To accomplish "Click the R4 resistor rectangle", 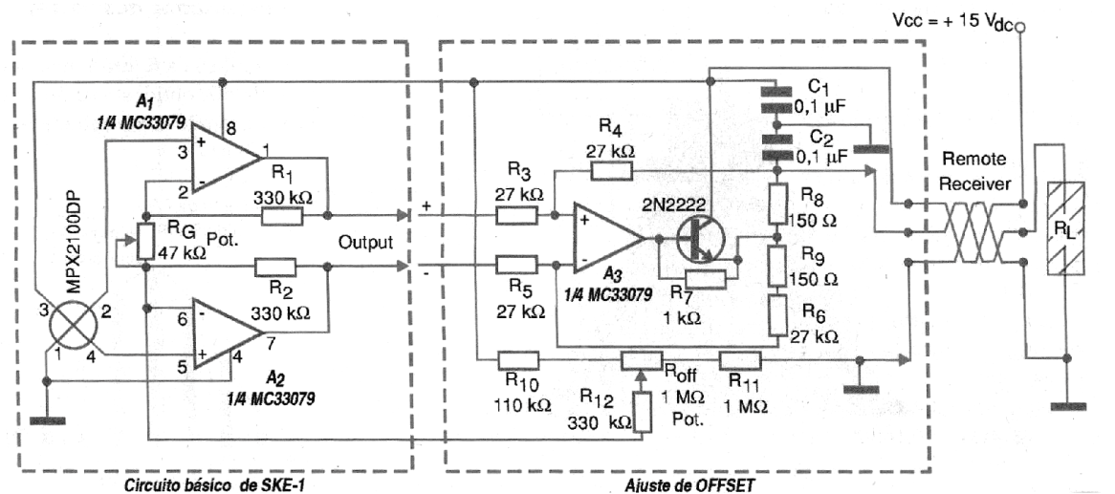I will (613, 170).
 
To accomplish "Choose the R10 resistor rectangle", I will (517, 360).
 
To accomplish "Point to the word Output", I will (365, 243).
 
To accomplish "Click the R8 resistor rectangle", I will (776, 204).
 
